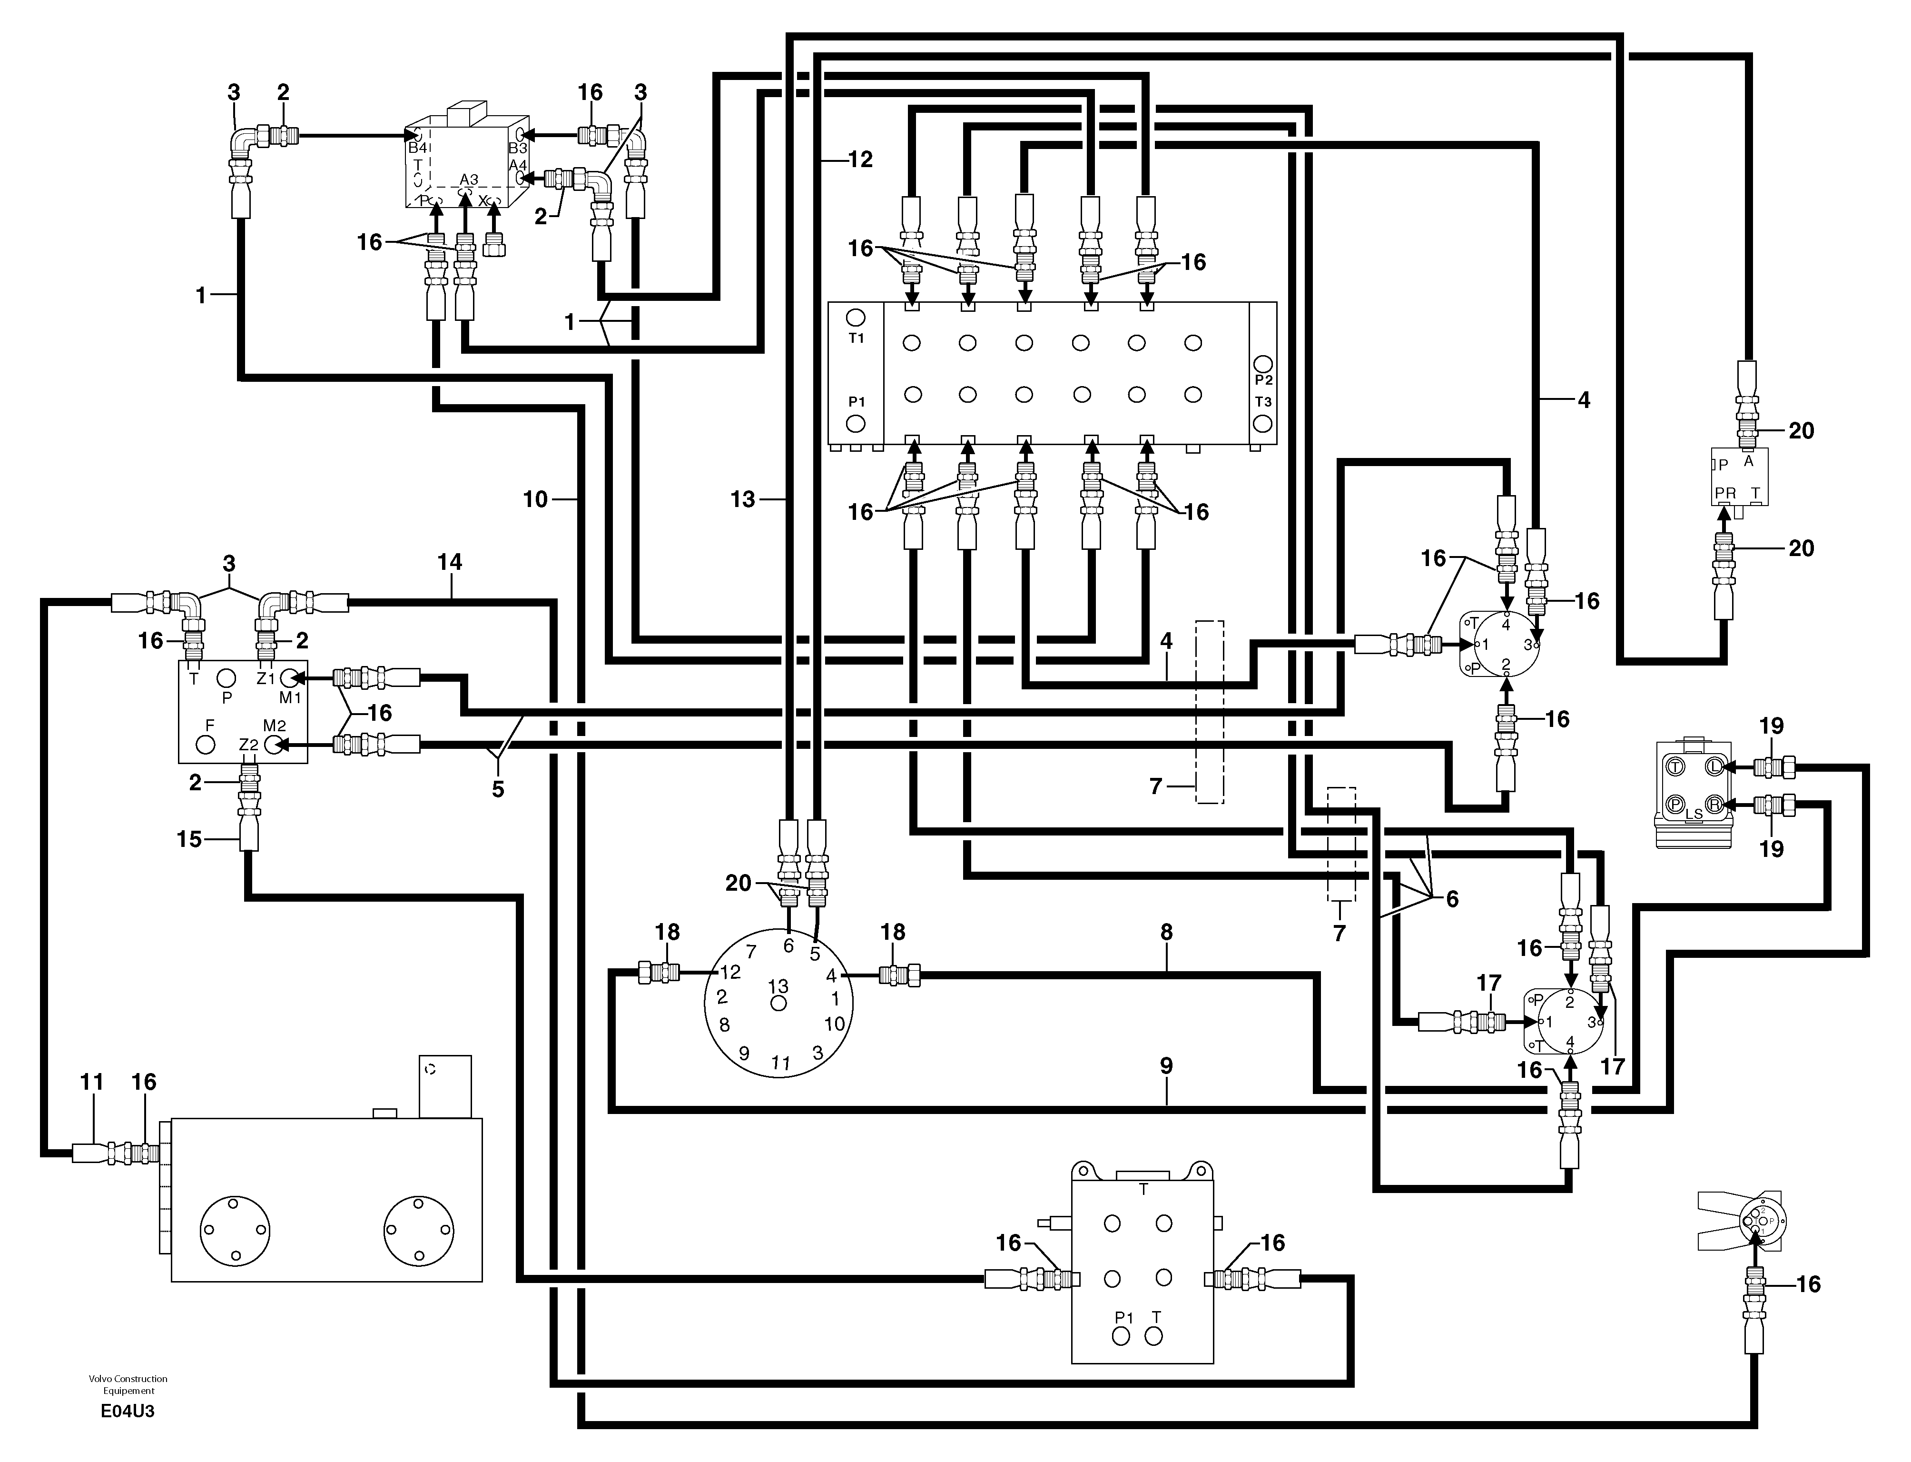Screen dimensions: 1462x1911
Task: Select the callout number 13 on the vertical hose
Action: pyautogui.click(x=743, y=499)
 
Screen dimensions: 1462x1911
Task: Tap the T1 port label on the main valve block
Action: pyautogui.click(x=856, y=338)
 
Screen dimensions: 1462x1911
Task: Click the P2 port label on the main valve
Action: pyautogui.click(x=1263, y=380)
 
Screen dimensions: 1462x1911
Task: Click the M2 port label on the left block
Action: pyautogui.click(x=275, y=726)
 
